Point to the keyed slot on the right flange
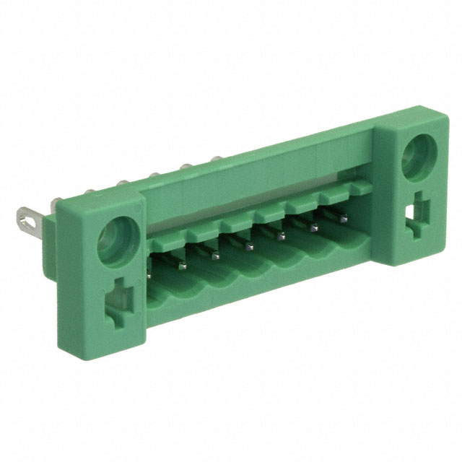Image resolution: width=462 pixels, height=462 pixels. pyautogui.click(x=418, y=214)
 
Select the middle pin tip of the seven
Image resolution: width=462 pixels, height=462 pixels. pyautogui.click(x=248, y=245)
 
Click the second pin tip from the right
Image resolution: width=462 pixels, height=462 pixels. pyautogui.click(x=313, y=227)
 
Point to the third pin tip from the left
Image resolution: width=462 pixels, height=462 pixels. pyautogui.click(x=214, y=255)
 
